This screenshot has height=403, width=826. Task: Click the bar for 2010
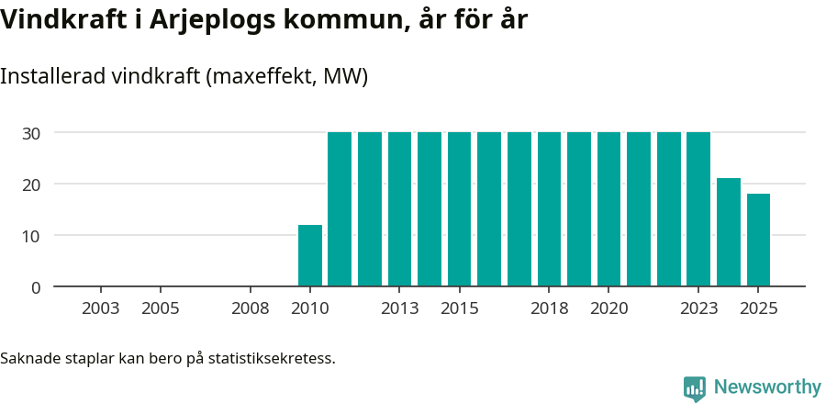tap(310, 255)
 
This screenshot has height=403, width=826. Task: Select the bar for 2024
tap(729, 232)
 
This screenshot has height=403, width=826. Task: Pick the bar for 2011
tap(340, 209)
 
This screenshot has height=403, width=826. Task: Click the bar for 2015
tap(459, 209)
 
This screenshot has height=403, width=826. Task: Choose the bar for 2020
tap(608, 209)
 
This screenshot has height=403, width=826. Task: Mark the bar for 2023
tap(698, 209)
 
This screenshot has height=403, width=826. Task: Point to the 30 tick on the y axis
tap(31, 133)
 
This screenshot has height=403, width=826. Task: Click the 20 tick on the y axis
tap(31, 185)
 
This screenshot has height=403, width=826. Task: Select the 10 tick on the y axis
tap(31, 236)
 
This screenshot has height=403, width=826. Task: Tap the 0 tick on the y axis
tap(36, 287)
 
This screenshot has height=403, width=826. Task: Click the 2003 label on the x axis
tap(100, 308)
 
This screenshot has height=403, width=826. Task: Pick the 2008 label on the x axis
tap(250, 308)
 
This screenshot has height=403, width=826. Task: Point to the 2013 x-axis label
tap(399, 308)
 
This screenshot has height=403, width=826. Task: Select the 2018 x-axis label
tap(549, 308)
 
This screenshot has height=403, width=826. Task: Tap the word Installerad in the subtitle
tap(51, 76)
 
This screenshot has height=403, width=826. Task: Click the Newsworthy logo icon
tap(695, 388)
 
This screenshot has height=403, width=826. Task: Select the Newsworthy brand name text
tap(767, 387)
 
